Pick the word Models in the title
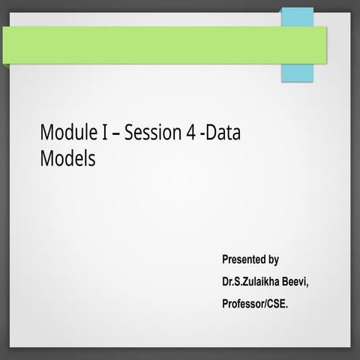(x=67, y=158)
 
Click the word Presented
(x=244, y=260)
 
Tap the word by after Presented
(x=274, y=260)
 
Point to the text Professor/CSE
(x=255, y=304)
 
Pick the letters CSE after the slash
(x=276, y=304)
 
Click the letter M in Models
(x=46, y=158)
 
